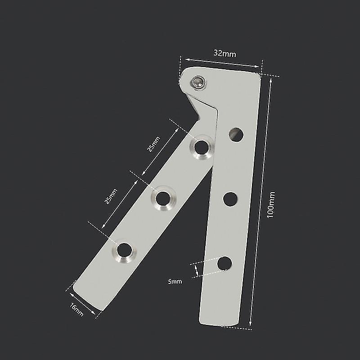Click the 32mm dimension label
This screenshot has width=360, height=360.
225,53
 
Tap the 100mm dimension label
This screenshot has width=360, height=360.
270,205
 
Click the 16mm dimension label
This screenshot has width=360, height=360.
77,310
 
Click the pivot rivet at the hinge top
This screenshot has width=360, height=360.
198,81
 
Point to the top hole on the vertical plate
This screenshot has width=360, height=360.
236,134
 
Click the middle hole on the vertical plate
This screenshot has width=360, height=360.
230,198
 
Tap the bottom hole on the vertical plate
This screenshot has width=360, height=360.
224,263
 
